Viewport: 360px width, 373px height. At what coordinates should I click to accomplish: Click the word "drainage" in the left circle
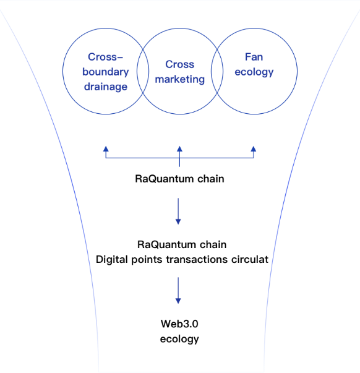click(106, 87)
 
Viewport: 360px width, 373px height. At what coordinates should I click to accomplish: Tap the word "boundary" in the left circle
click(106, 72)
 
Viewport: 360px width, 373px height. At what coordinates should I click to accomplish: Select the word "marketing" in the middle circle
click(180, 79)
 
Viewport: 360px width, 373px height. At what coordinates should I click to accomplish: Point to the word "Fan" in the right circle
click(254, 57)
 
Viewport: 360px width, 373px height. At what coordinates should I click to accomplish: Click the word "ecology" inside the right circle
click(254, 72)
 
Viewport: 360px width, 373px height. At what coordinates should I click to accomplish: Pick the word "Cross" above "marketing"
click(180, 64)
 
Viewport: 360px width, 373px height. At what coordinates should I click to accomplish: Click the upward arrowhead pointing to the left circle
click(106, 149)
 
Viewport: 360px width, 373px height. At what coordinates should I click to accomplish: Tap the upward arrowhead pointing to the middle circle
click(179, 149)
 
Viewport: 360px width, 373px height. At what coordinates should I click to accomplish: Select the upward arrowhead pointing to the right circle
click(254, 149)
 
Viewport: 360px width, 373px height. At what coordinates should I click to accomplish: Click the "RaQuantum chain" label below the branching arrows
click(179, 179)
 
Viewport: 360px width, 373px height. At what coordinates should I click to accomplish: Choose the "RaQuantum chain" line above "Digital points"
click(182, 245)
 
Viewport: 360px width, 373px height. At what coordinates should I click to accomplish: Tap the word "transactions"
click(197, 260)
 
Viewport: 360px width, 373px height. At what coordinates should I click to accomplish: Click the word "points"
click(147, 260)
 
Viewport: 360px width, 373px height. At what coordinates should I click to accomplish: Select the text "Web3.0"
click(179, 324)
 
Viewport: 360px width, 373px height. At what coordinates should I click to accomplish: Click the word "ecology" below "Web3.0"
click(179, 339)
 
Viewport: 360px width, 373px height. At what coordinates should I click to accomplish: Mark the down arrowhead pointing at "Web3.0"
click(178, 301)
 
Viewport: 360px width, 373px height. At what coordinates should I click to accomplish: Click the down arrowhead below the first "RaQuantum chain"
click(178, 221)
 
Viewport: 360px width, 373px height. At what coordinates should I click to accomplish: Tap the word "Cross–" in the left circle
click(105, 57)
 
